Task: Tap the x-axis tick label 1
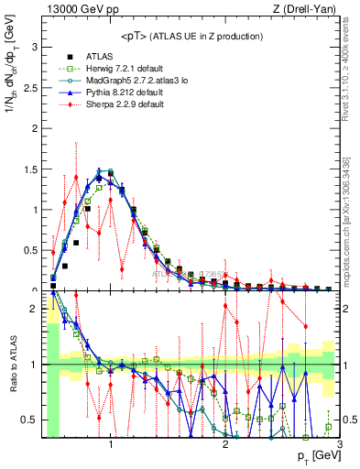(x=111, y=446)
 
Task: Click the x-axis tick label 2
(x=225, y=446)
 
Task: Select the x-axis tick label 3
(x=339, y=446)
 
